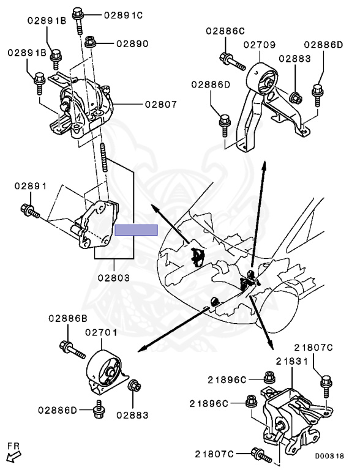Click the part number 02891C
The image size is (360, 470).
click(x=123, y=15)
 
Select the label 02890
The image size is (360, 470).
click(x=132, y=44)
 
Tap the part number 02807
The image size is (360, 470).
click(x=161, y=104)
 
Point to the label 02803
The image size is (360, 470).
click(x=114, y=278)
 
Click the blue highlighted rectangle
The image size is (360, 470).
click(x=136, y=230)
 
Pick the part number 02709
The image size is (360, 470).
click(x=260, y=45)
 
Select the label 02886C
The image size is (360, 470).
click(x=225, y=31)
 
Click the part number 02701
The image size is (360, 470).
click(x=102, y=332)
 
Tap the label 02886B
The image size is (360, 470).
click(x=68, y=318)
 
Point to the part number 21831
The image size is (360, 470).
click(x=292, y=361)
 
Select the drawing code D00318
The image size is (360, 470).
click(x=329, y=456)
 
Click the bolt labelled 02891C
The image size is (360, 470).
click(x=78, y=20)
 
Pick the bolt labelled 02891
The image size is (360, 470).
click(x=30, y=211)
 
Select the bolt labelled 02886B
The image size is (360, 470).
click(x=73, y=350)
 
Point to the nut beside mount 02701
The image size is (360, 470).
click(x=133, y=386)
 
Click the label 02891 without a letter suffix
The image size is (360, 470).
click(x=31, y=186)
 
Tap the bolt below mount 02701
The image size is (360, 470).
click(x=99, y=409)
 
